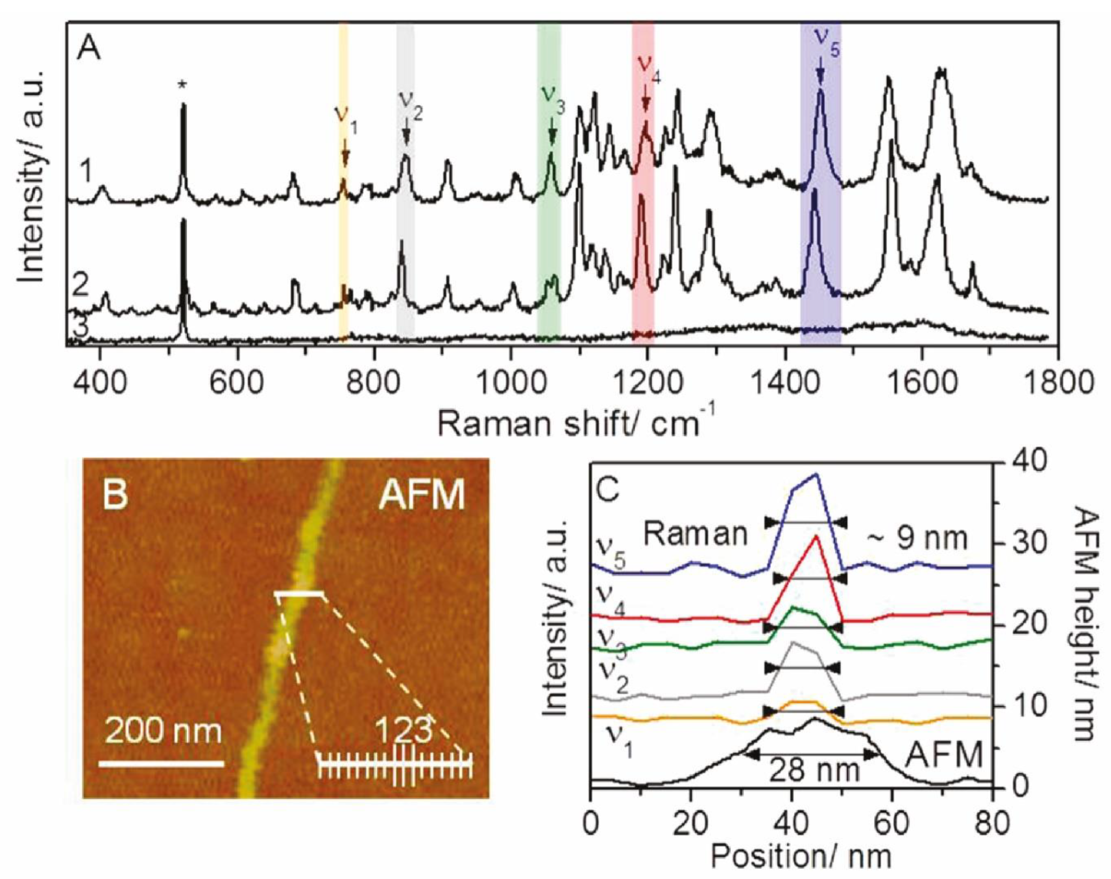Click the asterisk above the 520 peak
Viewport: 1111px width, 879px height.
tap(182, 85)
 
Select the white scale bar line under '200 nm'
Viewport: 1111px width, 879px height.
tap(161, 764)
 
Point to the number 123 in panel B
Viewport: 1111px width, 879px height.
tap(403, 730)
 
